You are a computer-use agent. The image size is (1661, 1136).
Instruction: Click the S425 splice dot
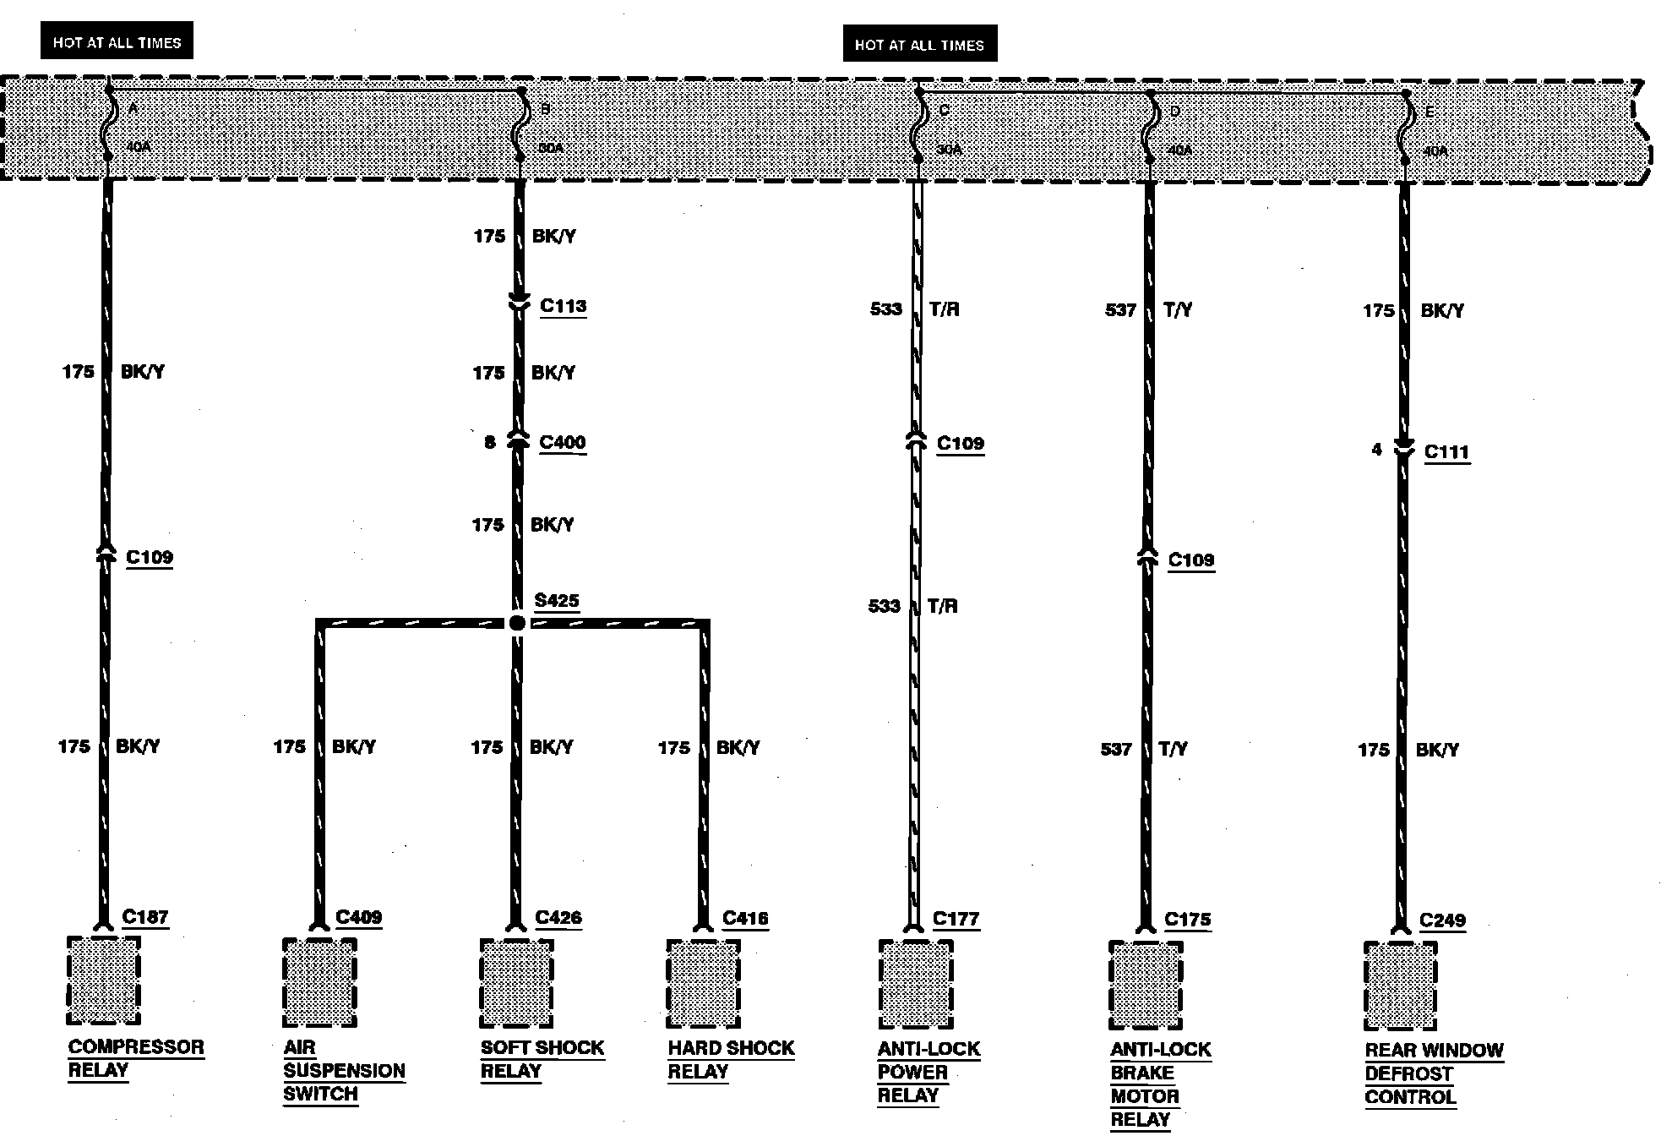tap(517, 623)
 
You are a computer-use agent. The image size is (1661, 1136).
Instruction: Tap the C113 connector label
tap(563, 306)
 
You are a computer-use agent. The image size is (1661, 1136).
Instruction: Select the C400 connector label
tap(562, 442)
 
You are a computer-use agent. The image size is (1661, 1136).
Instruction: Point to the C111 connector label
tap(1446, 452)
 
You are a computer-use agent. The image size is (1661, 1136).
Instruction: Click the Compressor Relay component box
tap(103, 980)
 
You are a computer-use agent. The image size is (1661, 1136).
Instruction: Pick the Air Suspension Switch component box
tap(319, 981)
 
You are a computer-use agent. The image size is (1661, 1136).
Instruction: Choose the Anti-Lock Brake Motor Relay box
tap(1145, 985)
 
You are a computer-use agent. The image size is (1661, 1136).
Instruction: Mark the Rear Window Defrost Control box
tap(1400, 986)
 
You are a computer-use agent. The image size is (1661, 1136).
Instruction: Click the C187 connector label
tap(145, 917)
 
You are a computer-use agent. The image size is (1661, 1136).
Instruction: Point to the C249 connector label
tap(1442, 920)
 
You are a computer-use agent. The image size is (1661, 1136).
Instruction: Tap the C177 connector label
tap(956, 919)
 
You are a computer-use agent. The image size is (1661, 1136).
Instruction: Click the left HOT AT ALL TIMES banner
tap(117, 41)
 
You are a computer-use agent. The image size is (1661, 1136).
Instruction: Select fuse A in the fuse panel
tap(107, 127)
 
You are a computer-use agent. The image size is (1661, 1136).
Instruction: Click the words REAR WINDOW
tap(1434, 1051)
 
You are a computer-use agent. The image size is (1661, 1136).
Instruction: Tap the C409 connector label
tap(358, 917)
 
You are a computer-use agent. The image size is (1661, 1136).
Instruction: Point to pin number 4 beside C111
tap(1376, 450)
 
